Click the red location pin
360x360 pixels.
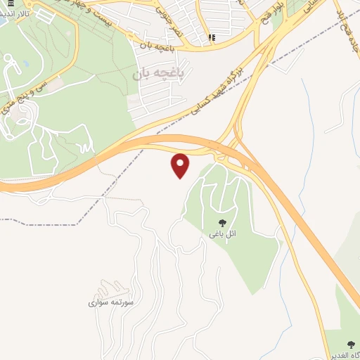coord(181,165)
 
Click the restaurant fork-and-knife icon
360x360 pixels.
coord(212,38)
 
